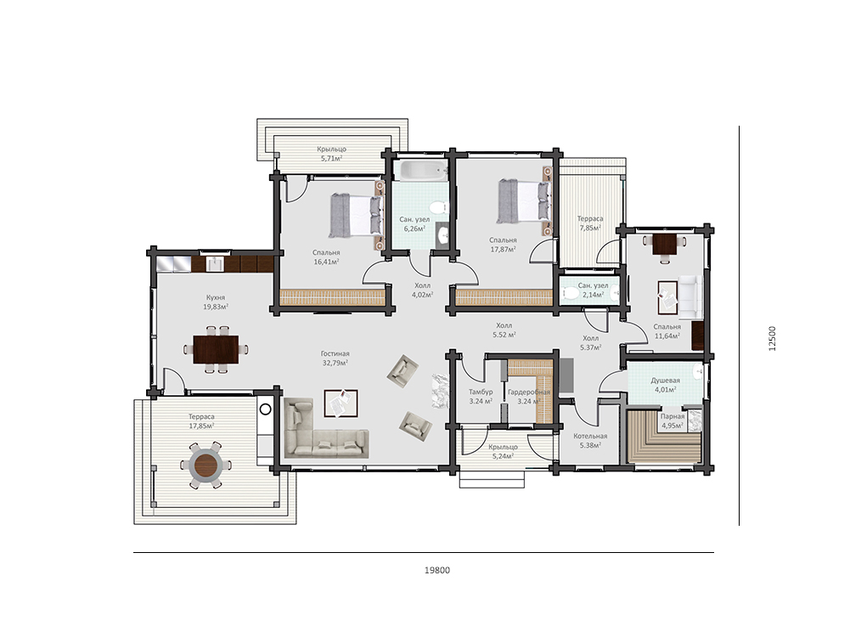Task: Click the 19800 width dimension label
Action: click(437, 570)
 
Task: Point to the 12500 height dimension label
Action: click(772, 338)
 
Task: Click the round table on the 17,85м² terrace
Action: click(206, 465)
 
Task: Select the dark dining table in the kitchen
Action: click(216, 349)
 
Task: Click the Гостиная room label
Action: click(335, 353)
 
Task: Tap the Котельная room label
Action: click(590, 436)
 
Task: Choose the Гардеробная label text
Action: click(529, 392)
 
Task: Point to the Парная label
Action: click(673, 416)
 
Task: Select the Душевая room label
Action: click(665, 380)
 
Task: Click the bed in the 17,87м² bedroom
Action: click(524, 201)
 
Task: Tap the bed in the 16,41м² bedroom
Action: click(356, 216)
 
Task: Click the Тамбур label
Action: click(481, 392)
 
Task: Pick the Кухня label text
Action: click(215, 297)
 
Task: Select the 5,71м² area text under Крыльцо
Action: click(332, 158)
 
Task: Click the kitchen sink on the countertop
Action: click(215, 264)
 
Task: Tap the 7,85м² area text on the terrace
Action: click(590, 228)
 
